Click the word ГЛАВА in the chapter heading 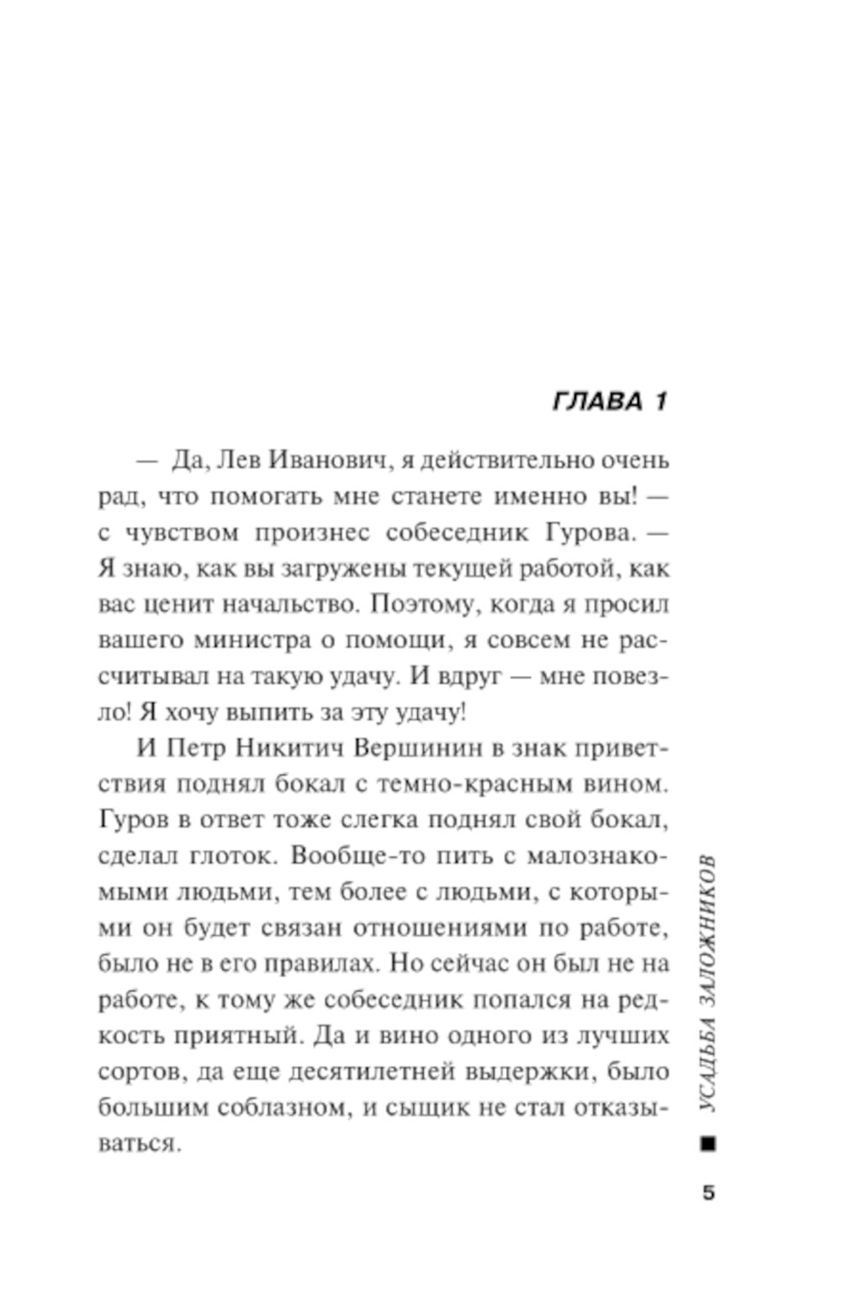pyautogui.click(x=597, y=401)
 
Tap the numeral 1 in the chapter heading pyautogui.click(x=659, y=401)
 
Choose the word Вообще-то pyautogui.click(x=354, y=856)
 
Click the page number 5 pyautogui.click(x=708, y=1192)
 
